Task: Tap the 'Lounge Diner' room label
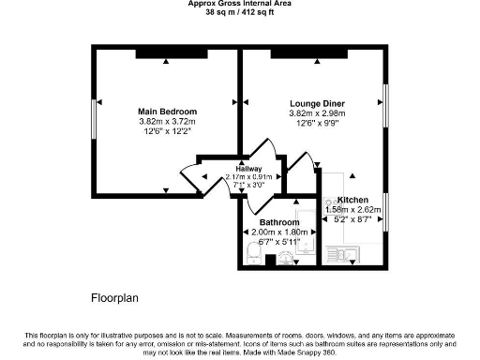point(317,103)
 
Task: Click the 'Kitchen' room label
point(352,200)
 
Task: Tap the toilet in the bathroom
point(251,252)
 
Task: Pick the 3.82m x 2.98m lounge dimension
point(317,113)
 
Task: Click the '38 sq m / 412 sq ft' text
point(240,13)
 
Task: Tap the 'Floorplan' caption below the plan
point(114,299)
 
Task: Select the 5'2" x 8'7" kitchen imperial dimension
point(352,219)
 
